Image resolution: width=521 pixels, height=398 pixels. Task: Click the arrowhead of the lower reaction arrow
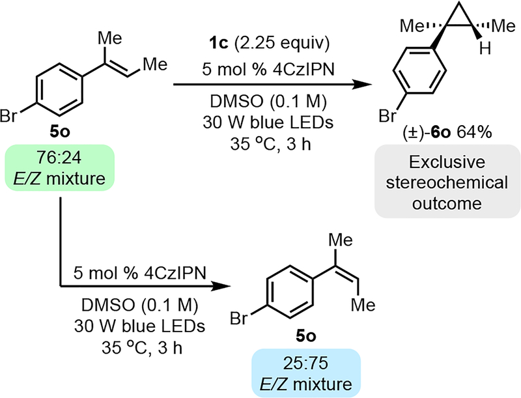(x=224, y=285)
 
